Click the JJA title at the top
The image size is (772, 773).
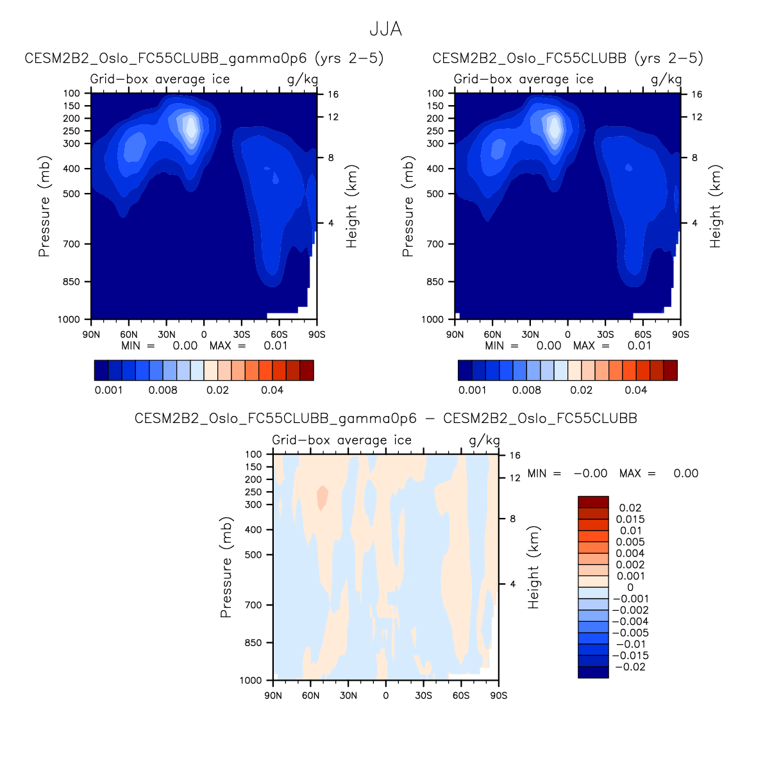[385, 29]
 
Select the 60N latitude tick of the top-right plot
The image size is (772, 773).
[492, 334]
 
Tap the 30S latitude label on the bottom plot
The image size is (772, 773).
[423, 695]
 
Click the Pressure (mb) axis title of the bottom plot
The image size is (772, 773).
[226, 567]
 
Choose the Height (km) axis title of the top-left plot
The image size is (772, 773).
[352, 206]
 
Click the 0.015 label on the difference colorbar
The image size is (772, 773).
[630, 519]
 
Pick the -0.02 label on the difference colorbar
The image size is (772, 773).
[630, 667]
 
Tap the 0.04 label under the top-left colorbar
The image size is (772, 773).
[273, 390]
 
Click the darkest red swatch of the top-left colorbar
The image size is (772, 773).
[306, 370]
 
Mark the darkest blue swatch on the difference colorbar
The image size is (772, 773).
[593, 672]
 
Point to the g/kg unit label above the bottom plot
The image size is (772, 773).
[484, 440]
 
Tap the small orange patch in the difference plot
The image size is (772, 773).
[323, 497]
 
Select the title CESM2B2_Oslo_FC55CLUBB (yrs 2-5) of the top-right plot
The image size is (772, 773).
[567, 58]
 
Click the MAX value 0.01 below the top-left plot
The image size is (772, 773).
[276, 345]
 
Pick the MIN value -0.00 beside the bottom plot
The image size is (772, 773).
[590, 474]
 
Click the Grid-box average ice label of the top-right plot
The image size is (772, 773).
[523, 79]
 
